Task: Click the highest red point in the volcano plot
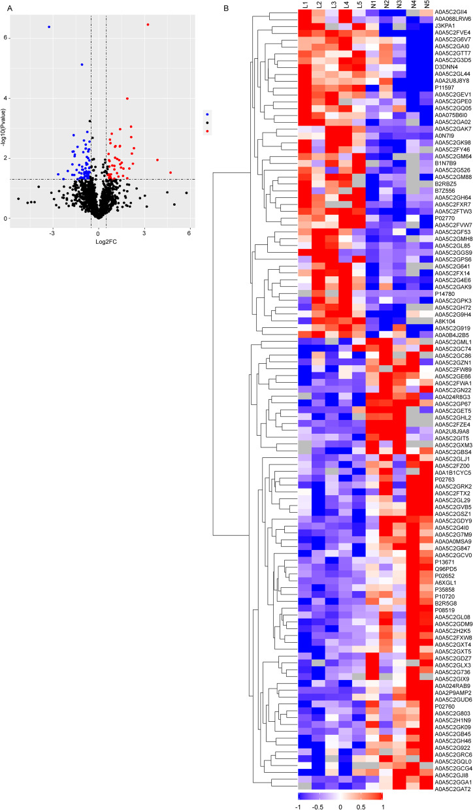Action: tap(148, 25)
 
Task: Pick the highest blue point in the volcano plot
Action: tap(49, 27)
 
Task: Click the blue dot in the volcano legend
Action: tap(207, 113)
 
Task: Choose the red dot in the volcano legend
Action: tap(207, 131)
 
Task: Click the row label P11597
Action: tap(444, 88)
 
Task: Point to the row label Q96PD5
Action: tap(444, 568)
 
